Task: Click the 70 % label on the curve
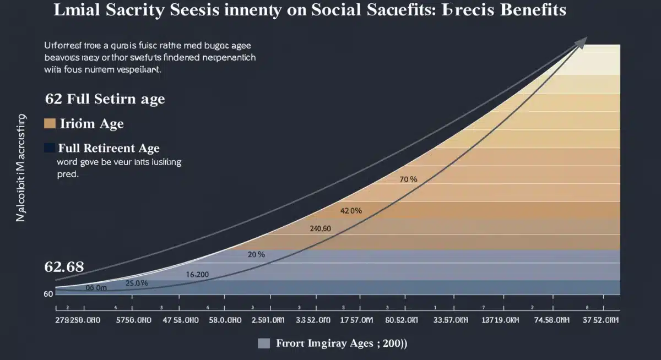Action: pos(408,179)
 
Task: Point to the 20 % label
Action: pos(256,254)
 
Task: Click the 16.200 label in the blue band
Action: pos(197,274)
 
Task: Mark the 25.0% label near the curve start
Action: pos(137,283)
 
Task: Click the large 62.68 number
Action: pos(64,267)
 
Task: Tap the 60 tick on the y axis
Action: pos(48,294)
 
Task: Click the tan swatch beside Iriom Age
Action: pos(50,123)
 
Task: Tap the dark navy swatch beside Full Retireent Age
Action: pos(50,148)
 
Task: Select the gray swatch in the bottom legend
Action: pos(264,343)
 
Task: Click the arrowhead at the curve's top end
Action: pos(581,42)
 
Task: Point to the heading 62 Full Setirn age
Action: pos(105,100)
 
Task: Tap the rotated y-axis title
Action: pos(21,168)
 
